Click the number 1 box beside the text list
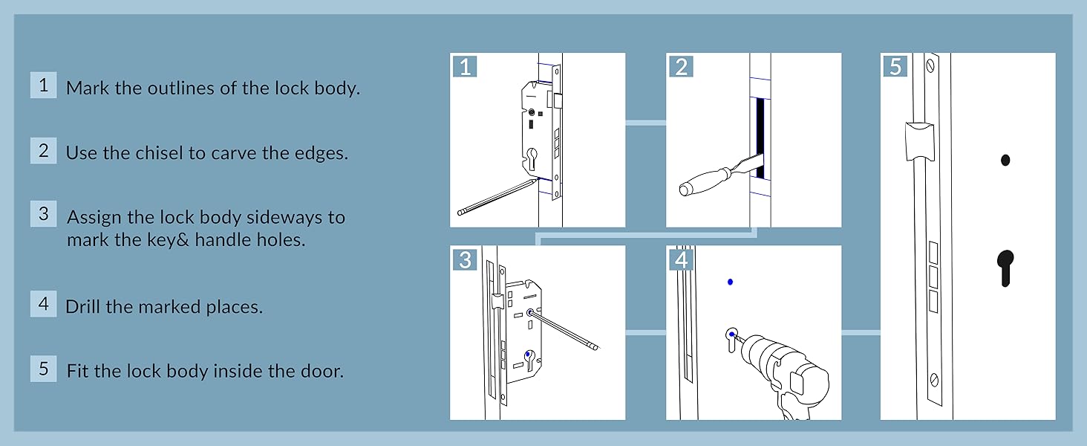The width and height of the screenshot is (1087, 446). [x=43, y=85]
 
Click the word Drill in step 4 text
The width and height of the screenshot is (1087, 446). [x=83, y=306]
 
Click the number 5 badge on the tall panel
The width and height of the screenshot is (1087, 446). [x=895, y=66]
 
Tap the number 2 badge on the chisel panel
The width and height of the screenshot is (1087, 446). [x=681, y=66]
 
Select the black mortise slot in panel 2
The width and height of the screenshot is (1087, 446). [x=760, y=138]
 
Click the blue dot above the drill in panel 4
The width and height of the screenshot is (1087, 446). [x=731, y=282]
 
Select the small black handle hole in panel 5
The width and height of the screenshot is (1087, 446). [x=1005, y=160]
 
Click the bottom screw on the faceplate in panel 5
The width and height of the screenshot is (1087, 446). [x=933, y=380]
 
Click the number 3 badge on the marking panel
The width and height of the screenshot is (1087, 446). [x=465, y=259]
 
